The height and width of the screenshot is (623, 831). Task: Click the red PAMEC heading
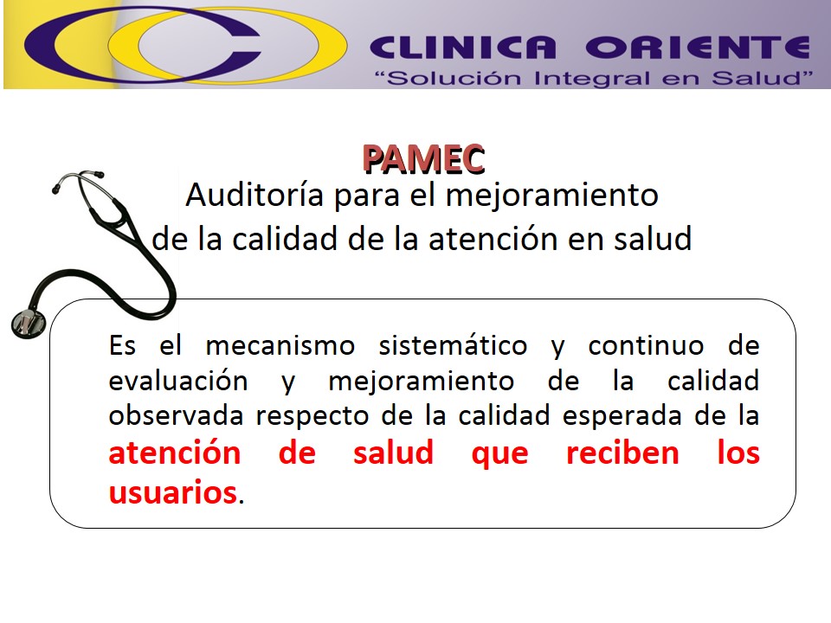(423, 158)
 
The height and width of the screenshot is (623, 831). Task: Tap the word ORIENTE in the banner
(697, 47)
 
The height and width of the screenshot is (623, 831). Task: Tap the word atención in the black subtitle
(490, 239)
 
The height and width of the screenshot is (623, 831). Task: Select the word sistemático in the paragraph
(453, 346)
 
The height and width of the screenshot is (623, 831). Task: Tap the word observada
(177, 415)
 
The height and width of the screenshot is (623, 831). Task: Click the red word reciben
(622, 453)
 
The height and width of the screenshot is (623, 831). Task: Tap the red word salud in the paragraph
(393, 453)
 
